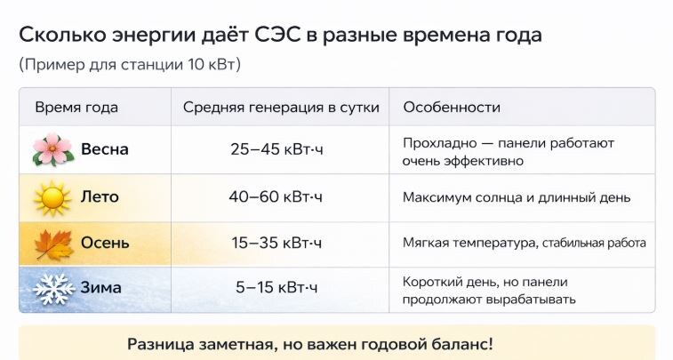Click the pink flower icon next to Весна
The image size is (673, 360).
tap(52, 149)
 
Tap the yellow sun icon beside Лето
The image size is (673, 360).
tap(52, 197)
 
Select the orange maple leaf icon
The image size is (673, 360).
tap(52, 243)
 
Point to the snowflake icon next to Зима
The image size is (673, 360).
tap(52, 289)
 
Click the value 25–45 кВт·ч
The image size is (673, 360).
tap(276, 149)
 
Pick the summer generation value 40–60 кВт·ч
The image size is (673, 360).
tap(276, 196)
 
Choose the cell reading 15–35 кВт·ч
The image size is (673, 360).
tap(276, 243)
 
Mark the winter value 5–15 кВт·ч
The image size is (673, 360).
tap(276, 288)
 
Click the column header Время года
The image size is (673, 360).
tap(76, 108)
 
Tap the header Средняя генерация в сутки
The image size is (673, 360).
tap(281, 108)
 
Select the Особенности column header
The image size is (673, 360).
tap(452, 108)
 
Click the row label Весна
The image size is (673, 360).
tap(105, 149)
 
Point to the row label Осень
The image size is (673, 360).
tap(105, 243)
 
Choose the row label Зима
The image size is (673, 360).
tap(100, 288)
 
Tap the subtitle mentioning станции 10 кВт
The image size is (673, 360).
tap(130, 65)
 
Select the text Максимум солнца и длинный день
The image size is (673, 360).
tap(516, 196)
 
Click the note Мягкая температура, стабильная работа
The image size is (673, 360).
tap(524, 243)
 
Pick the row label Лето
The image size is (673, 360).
tap(100, 196)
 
